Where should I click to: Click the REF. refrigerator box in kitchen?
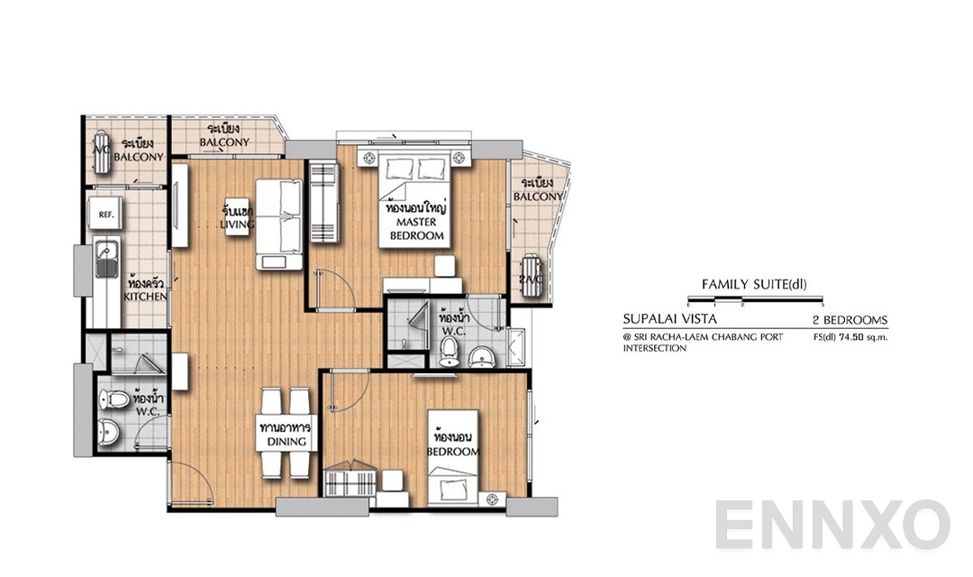tap(105, 215)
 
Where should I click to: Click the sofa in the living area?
tap(279, 224)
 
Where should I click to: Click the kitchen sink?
tap(105, 261)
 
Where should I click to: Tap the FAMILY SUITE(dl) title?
tap(753, 285)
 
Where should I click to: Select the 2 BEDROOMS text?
tap(850, 320)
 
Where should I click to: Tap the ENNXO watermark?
tap(832, 526)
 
